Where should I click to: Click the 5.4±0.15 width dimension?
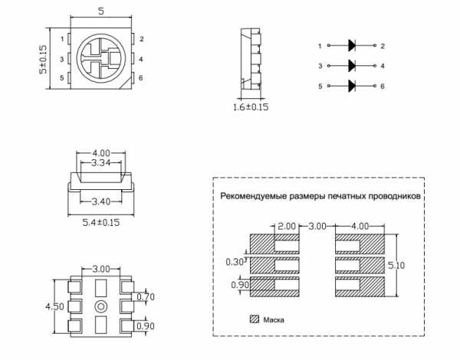(101, 222)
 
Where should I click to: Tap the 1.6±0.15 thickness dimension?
(251, 106)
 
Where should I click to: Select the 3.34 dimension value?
(101, 162)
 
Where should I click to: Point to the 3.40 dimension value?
(101, 201)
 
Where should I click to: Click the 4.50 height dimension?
(54, 306)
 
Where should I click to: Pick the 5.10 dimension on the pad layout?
(396, 265)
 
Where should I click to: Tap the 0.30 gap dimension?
(235, 262)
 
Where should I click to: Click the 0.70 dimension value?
(146, 297)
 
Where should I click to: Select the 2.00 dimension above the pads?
(287, 226)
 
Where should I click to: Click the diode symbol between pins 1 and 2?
(352, 45)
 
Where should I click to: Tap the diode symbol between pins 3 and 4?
(352, 66)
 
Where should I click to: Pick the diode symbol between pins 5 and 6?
(352, 86)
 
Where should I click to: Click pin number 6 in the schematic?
(383, 87)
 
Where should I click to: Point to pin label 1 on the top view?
(62, 39)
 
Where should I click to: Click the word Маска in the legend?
(274, 319)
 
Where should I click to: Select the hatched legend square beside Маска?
(255, 319)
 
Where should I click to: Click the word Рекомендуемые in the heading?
(254, 196)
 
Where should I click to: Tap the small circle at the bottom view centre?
(100, 306)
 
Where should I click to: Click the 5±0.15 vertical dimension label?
(43, 60)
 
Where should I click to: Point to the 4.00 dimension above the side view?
(101, 153)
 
